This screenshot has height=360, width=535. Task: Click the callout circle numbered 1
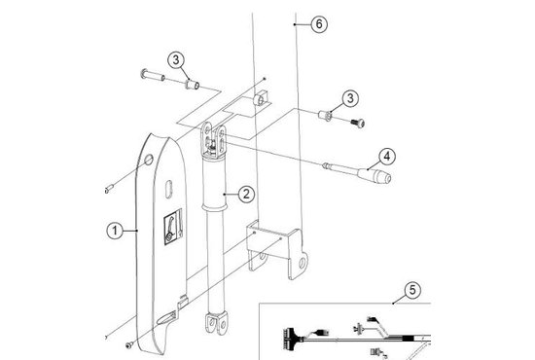point(115,231)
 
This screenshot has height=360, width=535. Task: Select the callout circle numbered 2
point(246,195)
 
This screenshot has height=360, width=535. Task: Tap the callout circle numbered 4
point(386,157)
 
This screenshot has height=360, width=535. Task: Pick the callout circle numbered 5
point(412,290)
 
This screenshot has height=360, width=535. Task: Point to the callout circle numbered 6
point(319,24)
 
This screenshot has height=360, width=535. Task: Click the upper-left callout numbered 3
point(176,60)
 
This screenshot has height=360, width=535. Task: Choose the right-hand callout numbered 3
point(350,98)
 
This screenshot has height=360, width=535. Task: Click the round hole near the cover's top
point(149,160)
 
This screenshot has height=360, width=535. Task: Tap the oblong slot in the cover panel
point(169,189)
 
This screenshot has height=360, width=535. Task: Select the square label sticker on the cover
point(173,227)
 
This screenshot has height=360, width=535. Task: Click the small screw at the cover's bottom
point(129,345)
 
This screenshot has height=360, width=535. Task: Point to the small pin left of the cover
point(109,189)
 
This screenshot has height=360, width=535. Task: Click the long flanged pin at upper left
point(153,75)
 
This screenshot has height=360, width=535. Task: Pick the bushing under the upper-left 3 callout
point(193,84)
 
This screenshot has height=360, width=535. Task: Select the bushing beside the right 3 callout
point(325,115)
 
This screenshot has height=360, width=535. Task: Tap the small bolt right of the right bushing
point(358,123)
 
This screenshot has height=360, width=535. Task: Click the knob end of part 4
point(382,177)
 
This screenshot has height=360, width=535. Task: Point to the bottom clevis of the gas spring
point(216,323)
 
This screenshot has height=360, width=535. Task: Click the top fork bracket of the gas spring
point(214,140)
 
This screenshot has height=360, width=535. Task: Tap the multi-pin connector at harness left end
point(289,338)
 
